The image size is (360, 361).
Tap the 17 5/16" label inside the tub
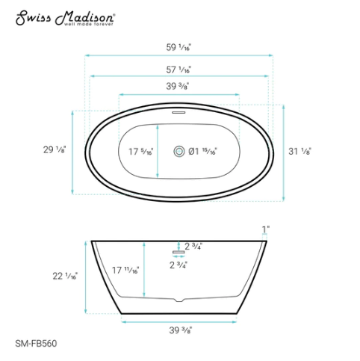(140, 152)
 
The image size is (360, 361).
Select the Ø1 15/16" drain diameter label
(202, 152)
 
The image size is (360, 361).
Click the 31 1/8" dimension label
(300, 150)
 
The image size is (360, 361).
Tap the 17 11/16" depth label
(125, 270)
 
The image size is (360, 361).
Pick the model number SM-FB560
(36, 345)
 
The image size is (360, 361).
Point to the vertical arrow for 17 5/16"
(158, 152)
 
